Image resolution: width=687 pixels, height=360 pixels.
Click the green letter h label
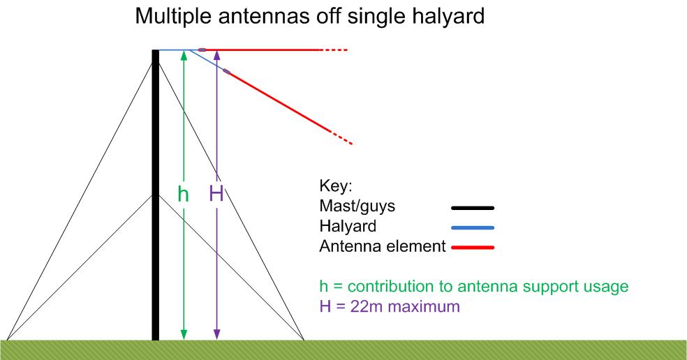coord(183,193)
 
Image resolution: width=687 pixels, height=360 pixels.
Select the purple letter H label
coord(216,193)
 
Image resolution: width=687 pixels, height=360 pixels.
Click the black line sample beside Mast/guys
coord(473,208)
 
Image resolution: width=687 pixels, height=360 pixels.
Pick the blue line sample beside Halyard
coord(473,227)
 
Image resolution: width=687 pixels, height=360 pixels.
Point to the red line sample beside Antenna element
coord(473,248)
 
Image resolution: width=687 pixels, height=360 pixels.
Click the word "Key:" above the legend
coord(336,186)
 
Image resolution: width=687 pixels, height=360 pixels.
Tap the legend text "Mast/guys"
coord(357,206)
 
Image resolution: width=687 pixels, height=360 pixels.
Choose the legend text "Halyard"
coord(348,226)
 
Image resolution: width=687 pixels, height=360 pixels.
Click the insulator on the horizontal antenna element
coord(202,50)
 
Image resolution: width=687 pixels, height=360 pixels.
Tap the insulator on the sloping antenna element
coord(226,71)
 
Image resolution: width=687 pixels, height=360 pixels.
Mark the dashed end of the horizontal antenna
coord(335,50)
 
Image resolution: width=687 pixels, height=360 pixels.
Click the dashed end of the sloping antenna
coord(342,137)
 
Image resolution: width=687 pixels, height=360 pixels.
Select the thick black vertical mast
coord(156,195)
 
